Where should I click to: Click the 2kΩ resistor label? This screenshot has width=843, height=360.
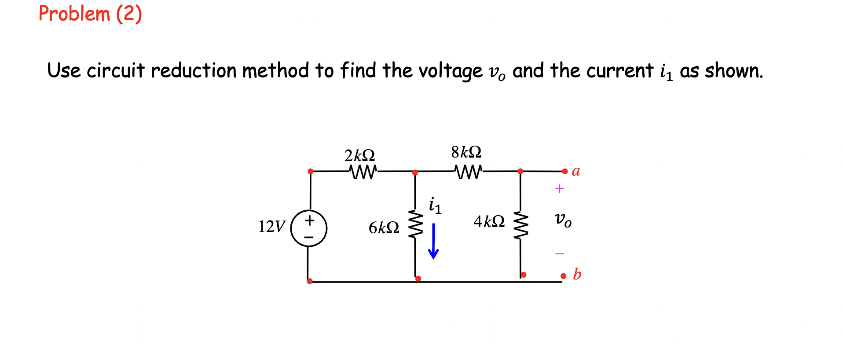click(359, 155)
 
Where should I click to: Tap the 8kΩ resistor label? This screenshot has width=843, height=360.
click(466, 152)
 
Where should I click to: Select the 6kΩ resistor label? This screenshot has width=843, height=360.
click(384, 228)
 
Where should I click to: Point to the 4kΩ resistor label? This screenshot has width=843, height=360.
click(489, 221)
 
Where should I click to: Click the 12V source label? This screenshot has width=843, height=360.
click(271, 226)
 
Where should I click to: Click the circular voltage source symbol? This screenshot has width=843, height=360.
click(309, 228)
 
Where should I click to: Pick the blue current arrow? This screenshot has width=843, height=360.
click(433, 241)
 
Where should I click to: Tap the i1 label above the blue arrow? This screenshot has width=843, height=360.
click(435, 206)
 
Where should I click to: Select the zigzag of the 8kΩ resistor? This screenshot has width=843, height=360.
click(469, 172)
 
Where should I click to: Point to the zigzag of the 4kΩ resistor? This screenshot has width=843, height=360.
click(521, 225)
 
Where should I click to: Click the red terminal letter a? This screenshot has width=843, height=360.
click(576, 171)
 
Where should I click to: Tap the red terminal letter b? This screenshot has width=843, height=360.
click(577, 274)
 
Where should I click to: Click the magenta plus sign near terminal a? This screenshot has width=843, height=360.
click(559, 189)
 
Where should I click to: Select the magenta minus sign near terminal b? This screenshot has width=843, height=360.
click(559, 253)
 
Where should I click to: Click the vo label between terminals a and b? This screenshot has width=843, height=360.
click(563, 219)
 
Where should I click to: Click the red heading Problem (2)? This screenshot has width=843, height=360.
click(90, 14)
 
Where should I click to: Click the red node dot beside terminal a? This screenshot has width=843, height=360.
click(565, 171)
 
